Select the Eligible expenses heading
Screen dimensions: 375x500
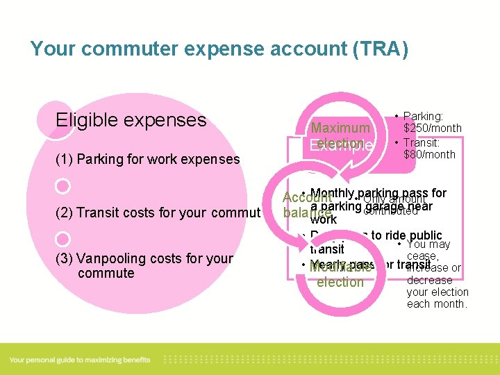pyautogui.click(x=131, y=120)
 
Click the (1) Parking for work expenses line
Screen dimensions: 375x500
pyautogui.click(x=147, y=159)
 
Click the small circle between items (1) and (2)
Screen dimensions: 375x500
pyautogui.click(x=62, y=186)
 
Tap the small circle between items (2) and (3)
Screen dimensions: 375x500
pyautogui.click(x=62, y=238)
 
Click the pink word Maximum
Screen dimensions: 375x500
pyautogui.click(x=340, y=128)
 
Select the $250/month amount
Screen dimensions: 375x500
pyautogui.click(x=433, y=128)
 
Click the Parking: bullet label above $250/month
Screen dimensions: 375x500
pyautogui.click(x=423, y=117)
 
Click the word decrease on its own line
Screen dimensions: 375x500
pyautogui.click(x=429, y=280)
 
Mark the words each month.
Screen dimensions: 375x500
pyautogui.click(x=437, y=303)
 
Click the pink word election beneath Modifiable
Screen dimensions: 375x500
pyautogui.click(x=340, y=282)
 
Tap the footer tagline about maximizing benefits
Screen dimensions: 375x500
pyautogui.click(x=80, y=360)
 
